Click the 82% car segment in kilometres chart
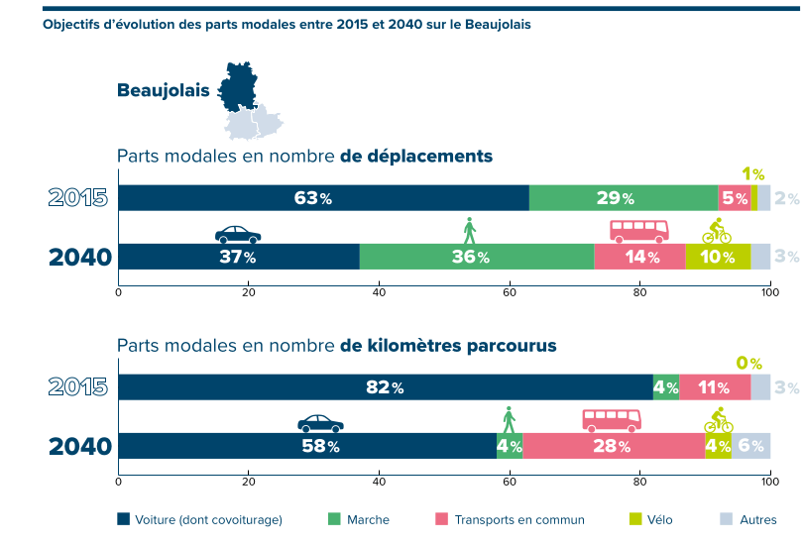click(x=385, y=387)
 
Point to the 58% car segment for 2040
click(x=307, y=446)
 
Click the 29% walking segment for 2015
click(x=623, y=198)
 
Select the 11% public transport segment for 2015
click(x=715, y=387)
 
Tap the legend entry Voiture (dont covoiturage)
click(x=199, y=519)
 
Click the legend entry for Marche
click(x=359, y=519)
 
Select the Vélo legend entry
click(x=651, y=519)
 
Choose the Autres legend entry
click(x=748, y=519)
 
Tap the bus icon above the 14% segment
click(x=638, y=232)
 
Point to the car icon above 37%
click(x=238, y=235)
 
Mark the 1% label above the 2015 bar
click(x=752, y=173)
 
